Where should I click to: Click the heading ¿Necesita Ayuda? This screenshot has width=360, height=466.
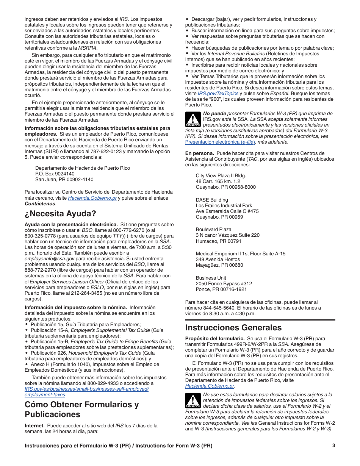[x=60, y=213]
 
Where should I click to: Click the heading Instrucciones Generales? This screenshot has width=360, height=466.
[x=233, y=327]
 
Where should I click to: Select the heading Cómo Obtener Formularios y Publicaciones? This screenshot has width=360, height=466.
[x=81, y=409]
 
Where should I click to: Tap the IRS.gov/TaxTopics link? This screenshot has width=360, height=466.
[x=218, y=94]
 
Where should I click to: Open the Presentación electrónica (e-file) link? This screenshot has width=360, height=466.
[x=220, y=142]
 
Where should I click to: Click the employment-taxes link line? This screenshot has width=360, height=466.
[x=45, y=395]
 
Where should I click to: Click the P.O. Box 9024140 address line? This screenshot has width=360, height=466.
[x=55, y=174]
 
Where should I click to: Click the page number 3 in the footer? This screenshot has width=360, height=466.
[x=333, y=446]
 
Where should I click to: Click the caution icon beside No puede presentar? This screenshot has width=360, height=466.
[x=193, y=119]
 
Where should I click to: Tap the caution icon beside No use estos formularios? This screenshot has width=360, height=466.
[x=193, y=400]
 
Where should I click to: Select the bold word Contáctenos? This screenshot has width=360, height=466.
[x=40, y=204]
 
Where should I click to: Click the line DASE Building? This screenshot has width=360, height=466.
[x=212, y=200]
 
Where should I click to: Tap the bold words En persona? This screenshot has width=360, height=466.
[x=199, y=153]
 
